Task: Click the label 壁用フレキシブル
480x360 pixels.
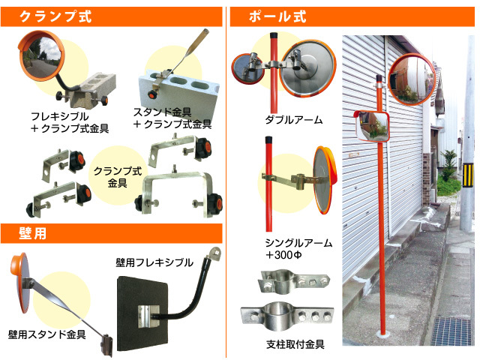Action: coord(154,262)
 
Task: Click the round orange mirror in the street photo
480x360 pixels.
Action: coord(409,78)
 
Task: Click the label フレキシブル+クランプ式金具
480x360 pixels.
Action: coord(70,123)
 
